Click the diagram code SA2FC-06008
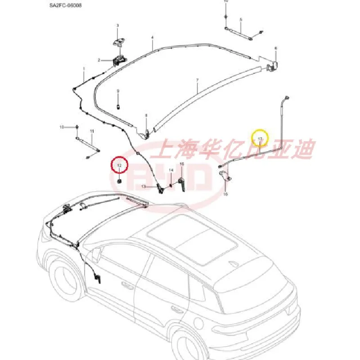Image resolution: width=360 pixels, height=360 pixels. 63,7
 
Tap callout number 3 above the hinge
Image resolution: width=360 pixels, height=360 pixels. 118,26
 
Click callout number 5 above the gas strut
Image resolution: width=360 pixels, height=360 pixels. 241,19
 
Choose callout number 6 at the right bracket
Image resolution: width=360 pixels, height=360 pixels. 276,48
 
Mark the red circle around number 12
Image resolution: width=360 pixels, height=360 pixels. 120,166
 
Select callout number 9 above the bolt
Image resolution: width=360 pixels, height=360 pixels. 118,91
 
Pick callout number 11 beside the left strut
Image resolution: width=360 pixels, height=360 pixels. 92,131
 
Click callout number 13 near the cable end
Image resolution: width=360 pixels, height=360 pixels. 144,186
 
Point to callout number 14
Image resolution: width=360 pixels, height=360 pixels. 171,170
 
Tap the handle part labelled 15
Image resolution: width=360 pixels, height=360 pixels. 182,184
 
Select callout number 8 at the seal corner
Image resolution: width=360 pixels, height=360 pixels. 146,116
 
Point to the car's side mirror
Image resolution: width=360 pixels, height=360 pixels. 96,256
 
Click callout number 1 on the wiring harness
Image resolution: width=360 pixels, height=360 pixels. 84,68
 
